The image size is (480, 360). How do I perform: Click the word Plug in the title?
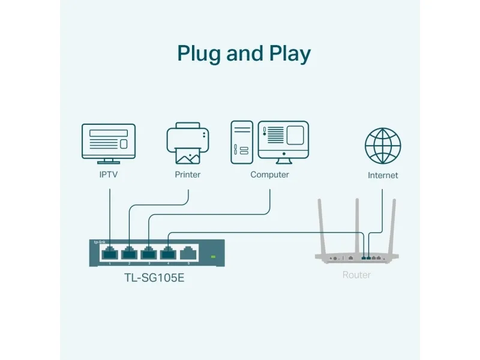(199, 54)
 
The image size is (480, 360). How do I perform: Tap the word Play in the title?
(289, 54)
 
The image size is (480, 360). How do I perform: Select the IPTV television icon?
(109, 143)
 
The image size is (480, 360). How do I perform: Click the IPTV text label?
(109, 175)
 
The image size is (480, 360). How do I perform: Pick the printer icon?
(187, 143)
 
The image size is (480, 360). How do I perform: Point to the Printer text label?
(187, 175)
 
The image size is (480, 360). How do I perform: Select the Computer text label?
(269, 175)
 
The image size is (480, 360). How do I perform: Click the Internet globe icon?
(383, 145)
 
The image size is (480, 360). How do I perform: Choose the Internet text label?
(383, 175)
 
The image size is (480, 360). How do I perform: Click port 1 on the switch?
(109, 253)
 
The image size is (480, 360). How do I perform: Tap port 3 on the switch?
(148, 253)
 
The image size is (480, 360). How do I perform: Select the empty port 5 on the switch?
(188, 253)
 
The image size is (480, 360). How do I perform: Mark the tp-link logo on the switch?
(99, 242)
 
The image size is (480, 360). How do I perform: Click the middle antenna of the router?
(357, 225)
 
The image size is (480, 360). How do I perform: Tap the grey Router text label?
(356, 275)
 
